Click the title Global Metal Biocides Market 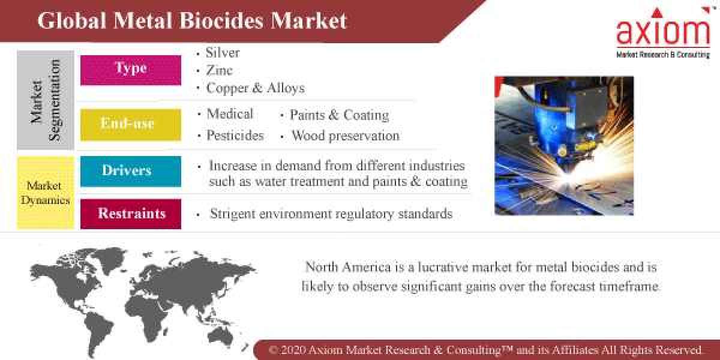click(192, 20)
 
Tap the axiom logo click(663, 33)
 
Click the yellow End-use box click(131, 124)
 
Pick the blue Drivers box click(131, 171)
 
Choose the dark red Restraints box click(131, 214)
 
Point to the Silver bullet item click(223, 53)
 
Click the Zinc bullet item click(219, 70)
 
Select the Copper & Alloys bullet click(255, 88)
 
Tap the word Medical click(230, 114)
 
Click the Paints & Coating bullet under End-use click(339, 115)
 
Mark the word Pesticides click(235, 136)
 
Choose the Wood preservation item click(345, 136)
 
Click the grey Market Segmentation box click(46, 100)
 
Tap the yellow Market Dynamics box click(46, 193)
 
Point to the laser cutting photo click(563, 145)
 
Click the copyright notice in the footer click(486, 350)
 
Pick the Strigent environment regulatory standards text click(331, 214)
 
